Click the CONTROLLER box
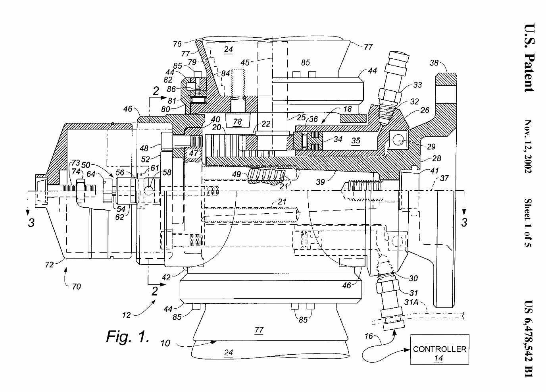[x=439, y=350]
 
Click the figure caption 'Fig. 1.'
[x=127, y=336]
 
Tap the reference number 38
[x=434, y=63]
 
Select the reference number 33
[x=417, y=85]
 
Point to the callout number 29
[x=431, y=147]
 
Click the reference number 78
[x=237, y=122]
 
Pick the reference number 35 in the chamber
[x=356, y=141]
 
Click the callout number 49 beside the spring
[x=236, y=174]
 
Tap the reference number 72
[x=49, y=265]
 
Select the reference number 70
[x=76, y=286]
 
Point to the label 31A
[x=411, y=302]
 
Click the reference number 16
[x=369, y=336]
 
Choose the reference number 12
[x=126, y=315]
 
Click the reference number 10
[x=165, y=344]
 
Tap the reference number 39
[x=320, y=182]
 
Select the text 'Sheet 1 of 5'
[x=529, y=223]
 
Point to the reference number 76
[x=177, y=44]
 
